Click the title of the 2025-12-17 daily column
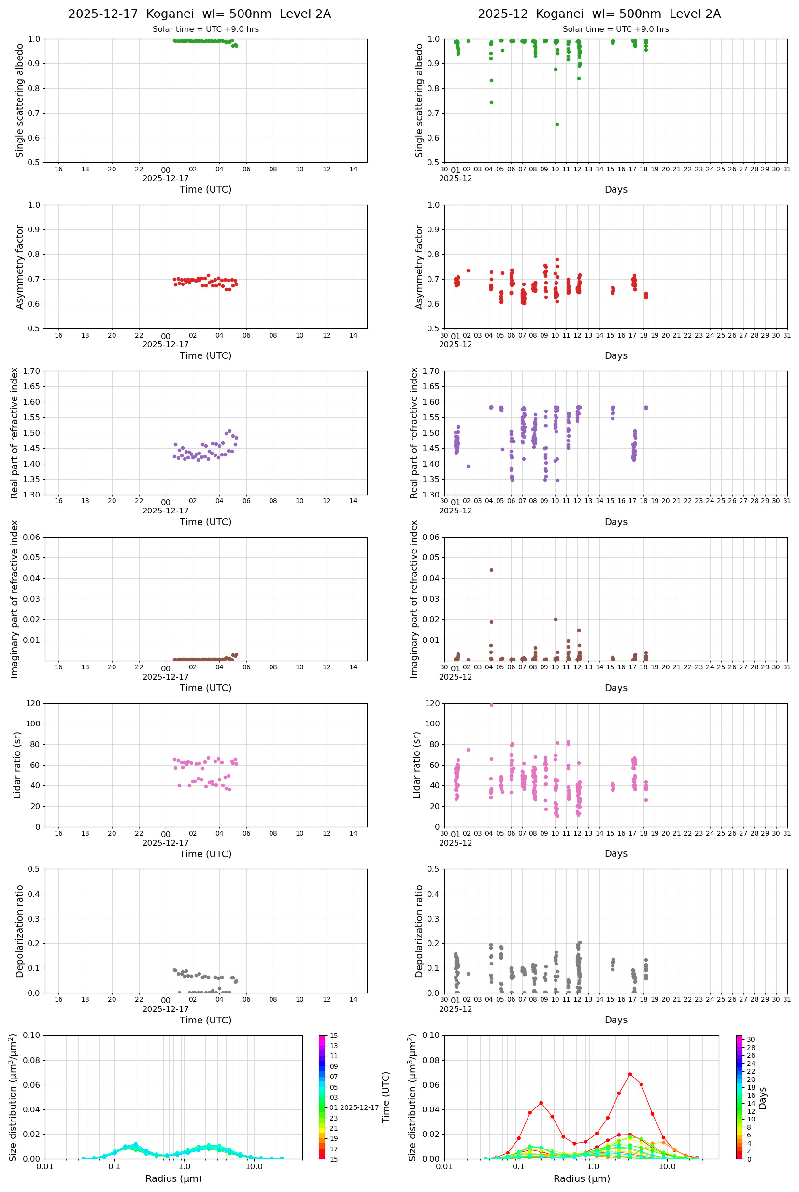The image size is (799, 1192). coord(200,14)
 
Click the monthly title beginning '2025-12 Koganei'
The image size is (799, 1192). coord(599,14)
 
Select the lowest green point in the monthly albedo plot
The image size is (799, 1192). coord(557,124)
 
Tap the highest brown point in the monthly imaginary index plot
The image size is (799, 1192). coord(491,570)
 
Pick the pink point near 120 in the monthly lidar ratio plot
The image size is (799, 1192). coord(491,705)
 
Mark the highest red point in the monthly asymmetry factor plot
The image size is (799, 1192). coord(557,260)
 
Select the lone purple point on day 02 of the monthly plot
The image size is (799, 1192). coord(468,466)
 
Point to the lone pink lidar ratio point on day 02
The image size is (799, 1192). coord(468,750)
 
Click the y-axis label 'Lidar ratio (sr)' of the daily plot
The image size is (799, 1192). coord(17,765)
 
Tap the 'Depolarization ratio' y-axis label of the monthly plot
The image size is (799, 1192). coord(419,931)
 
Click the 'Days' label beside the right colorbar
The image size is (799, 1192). coord(762,1098)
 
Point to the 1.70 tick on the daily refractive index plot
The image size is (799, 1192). coord(35,371)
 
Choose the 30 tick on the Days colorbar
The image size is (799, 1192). coord(751,1040)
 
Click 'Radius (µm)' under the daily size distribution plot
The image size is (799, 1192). coord(174,1178)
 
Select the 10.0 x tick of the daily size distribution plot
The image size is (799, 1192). coord(254,1167)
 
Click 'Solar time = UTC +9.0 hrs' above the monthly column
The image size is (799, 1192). coord(615,29)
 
